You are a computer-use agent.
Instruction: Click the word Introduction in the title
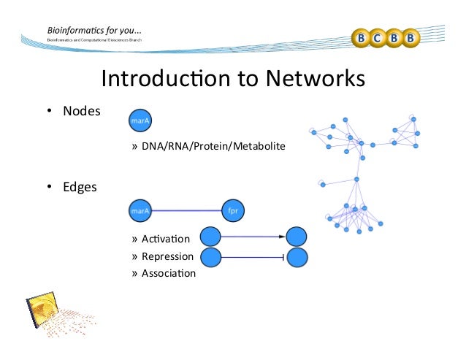(x=165, y=77)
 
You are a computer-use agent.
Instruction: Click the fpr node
(x=234, y=210)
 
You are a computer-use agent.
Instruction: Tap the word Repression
(x=167, y=256)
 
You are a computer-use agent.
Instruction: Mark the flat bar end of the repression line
(x=283, y=257)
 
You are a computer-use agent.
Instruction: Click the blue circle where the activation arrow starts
(x=210, y=237)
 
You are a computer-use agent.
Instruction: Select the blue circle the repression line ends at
(x=297, y=257)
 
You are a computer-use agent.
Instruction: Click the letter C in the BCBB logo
(x=380, y=37)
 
